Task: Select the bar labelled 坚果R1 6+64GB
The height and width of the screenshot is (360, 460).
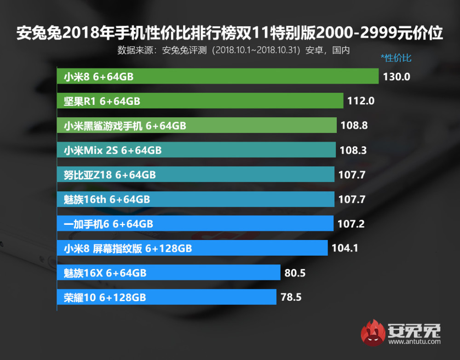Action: (x=200, y=101)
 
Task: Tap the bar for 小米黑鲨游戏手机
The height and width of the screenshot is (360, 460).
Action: (x=196, y=125)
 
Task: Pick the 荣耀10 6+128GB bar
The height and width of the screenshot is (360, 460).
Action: (x=167, y=297)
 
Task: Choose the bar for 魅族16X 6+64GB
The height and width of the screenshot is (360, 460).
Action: (x=168, y=273)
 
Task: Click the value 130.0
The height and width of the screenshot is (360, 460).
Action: (x=397, y=76)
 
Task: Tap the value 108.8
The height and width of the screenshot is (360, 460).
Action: (x=354, y=125)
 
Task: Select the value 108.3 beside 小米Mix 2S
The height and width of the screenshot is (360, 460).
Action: (x=353, y=150)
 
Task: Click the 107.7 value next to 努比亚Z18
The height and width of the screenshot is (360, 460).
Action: (x=352, y=175)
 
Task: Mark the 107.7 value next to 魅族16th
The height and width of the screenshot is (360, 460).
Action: (x=352, y=199)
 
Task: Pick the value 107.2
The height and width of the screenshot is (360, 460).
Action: (x=351, y=224)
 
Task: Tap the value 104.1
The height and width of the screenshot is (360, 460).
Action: (x=345, y=248)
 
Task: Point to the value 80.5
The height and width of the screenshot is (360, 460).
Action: (x=296, y=273)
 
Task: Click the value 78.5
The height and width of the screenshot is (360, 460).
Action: (x=291, y=297)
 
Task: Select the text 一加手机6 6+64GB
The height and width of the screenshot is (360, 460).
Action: (x=108, y=224)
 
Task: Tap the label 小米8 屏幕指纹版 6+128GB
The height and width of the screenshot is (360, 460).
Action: (x=128, y=248)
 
